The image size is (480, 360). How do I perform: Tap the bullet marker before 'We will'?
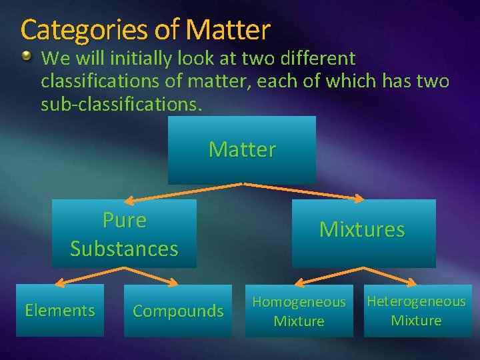tap(26, 57)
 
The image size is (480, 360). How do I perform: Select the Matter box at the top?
tap(241, 150)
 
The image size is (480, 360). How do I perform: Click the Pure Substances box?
tap(124, 234)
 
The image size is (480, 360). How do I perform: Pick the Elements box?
tap(60, 310)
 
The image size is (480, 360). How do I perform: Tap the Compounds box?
tap(178, 311)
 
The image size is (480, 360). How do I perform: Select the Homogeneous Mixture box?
tap(299, 311)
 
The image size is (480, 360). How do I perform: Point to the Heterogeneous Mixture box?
tap(417, 311)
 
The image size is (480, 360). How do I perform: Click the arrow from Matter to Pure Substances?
tap(183, 191)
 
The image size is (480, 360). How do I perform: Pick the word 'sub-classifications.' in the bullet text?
tap(120, 105)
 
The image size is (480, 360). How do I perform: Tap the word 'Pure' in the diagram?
tap(125, 219)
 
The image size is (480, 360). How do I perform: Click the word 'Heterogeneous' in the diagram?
tap(417, 301)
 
